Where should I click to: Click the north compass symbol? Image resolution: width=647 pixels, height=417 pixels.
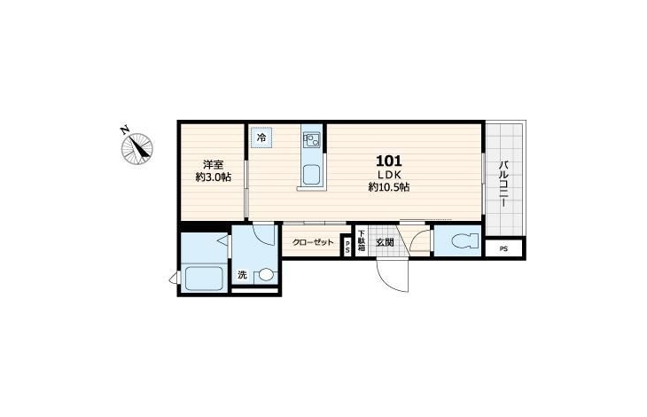pyautogui.click(x=137, y=148)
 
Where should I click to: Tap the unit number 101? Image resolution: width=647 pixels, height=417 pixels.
pyautogui.click(x=389, y=161)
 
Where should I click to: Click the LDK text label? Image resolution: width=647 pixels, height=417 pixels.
pyautogui.click(x=389, y=175)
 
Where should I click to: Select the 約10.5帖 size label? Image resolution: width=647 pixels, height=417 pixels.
pyautogui.click(x=389, y=187)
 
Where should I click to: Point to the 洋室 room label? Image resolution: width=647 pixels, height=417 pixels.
pyautogui.click(x=213, y=165)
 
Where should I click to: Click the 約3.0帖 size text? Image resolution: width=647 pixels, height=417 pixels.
pyautogui.click(x=213, y=177)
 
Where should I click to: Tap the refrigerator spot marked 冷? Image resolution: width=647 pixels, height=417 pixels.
pyautogui.click(x=261, y=138)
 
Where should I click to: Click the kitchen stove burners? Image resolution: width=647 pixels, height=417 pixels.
pyautogui.click(x=311, y=140)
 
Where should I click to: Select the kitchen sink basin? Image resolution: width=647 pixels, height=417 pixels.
pyautogui.click(x=311, y=175)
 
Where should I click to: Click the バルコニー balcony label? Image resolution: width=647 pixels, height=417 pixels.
pyautogui.click(x=503, y=185)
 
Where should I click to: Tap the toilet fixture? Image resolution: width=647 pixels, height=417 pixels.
pyautogui.click(x=464, y=240)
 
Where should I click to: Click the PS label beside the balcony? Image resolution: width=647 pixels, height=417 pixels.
pyautogui.click(x=503, y=249)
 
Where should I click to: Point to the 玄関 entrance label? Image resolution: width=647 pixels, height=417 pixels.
pyautogui.click(x=385, y=242)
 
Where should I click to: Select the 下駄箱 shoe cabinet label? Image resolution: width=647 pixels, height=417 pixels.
pyautogui.click(x=362, y=241)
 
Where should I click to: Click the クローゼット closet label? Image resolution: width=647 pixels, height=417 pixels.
pyautogui.click(x=312, y=242)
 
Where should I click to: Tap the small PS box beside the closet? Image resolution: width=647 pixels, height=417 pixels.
pyautogui.click(x=347, y=247)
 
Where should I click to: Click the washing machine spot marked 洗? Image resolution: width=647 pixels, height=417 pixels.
pyautogui.click(x=242, y=274)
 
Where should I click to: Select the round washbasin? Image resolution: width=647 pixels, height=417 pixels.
pyautogui.click(x=266, y=274)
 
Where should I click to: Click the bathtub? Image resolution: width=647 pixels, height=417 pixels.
pyautogui.click(x=204, y=279)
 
